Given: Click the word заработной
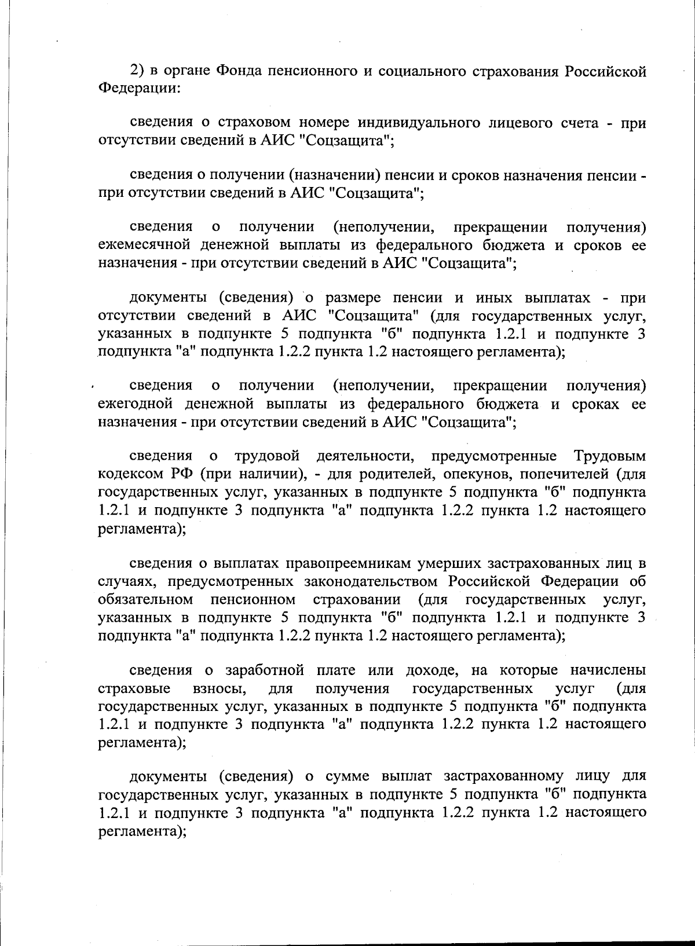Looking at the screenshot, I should [265, 670].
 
